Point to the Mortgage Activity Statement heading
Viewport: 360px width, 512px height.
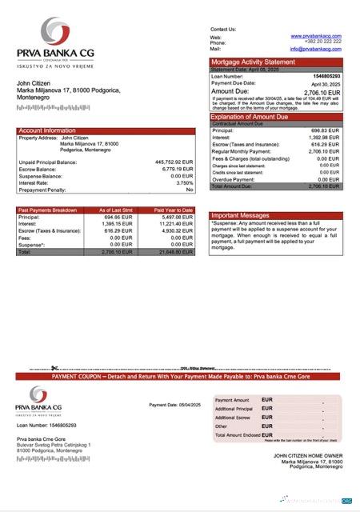(x=252, y=62)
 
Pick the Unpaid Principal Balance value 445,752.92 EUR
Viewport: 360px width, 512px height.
(x=174, y=162)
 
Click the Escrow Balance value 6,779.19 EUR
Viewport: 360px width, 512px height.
(x=177, y=169)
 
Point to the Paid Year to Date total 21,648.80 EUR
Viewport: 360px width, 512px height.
(x=176, y=251)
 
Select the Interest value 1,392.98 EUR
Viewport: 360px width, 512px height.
(x=324, y=137)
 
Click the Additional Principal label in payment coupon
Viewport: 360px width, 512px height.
(x=236, y=409)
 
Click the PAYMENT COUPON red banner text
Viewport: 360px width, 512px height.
(x=185, y=375)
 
